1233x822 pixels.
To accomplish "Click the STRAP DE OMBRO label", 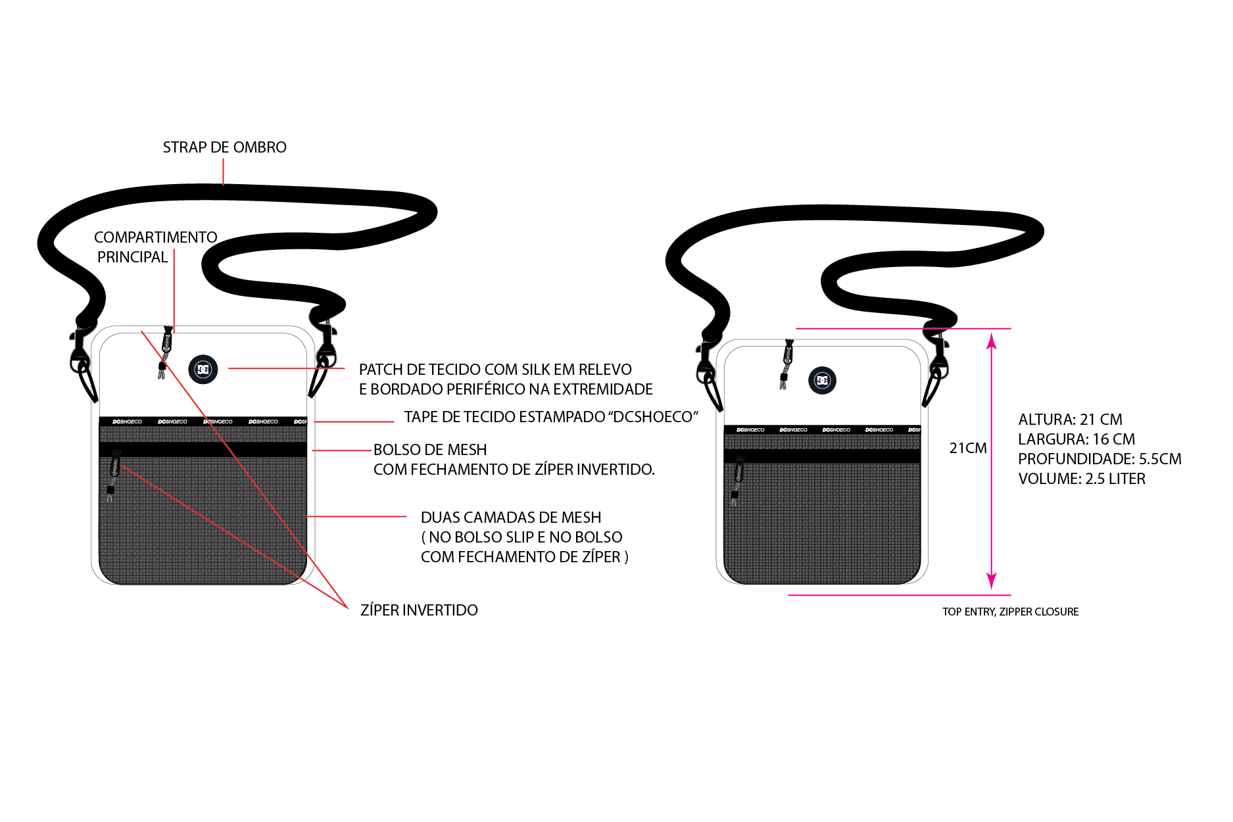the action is pos(224,147).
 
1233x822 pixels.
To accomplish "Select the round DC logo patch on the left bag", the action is pos(203,369).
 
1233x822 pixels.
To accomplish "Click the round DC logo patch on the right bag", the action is pos(822,380).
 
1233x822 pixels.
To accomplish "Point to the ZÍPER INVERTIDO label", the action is pos(419,610).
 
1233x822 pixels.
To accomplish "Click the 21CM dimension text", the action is pos(968,448).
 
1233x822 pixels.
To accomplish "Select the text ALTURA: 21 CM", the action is pos(1070,420).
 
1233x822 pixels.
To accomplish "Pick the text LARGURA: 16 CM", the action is pos(1076,439).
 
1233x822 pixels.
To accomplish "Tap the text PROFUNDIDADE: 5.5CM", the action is pos(1100,459).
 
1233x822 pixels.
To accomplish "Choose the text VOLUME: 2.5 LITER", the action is pos(1082,479).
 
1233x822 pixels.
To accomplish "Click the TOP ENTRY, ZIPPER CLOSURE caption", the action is pos(1010,612).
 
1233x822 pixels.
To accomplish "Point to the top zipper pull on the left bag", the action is pos(164,352).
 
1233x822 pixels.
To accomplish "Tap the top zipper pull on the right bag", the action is pos(786,364).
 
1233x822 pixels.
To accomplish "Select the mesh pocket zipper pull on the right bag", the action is pos(737,481).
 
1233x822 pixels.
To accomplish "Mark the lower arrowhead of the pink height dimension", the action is pos(992,581).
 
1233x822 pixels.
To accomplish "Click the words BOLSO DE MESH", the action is pos(430,450).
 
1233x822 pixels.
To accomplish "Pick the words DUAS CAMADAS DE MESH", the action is pos(511,518).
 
